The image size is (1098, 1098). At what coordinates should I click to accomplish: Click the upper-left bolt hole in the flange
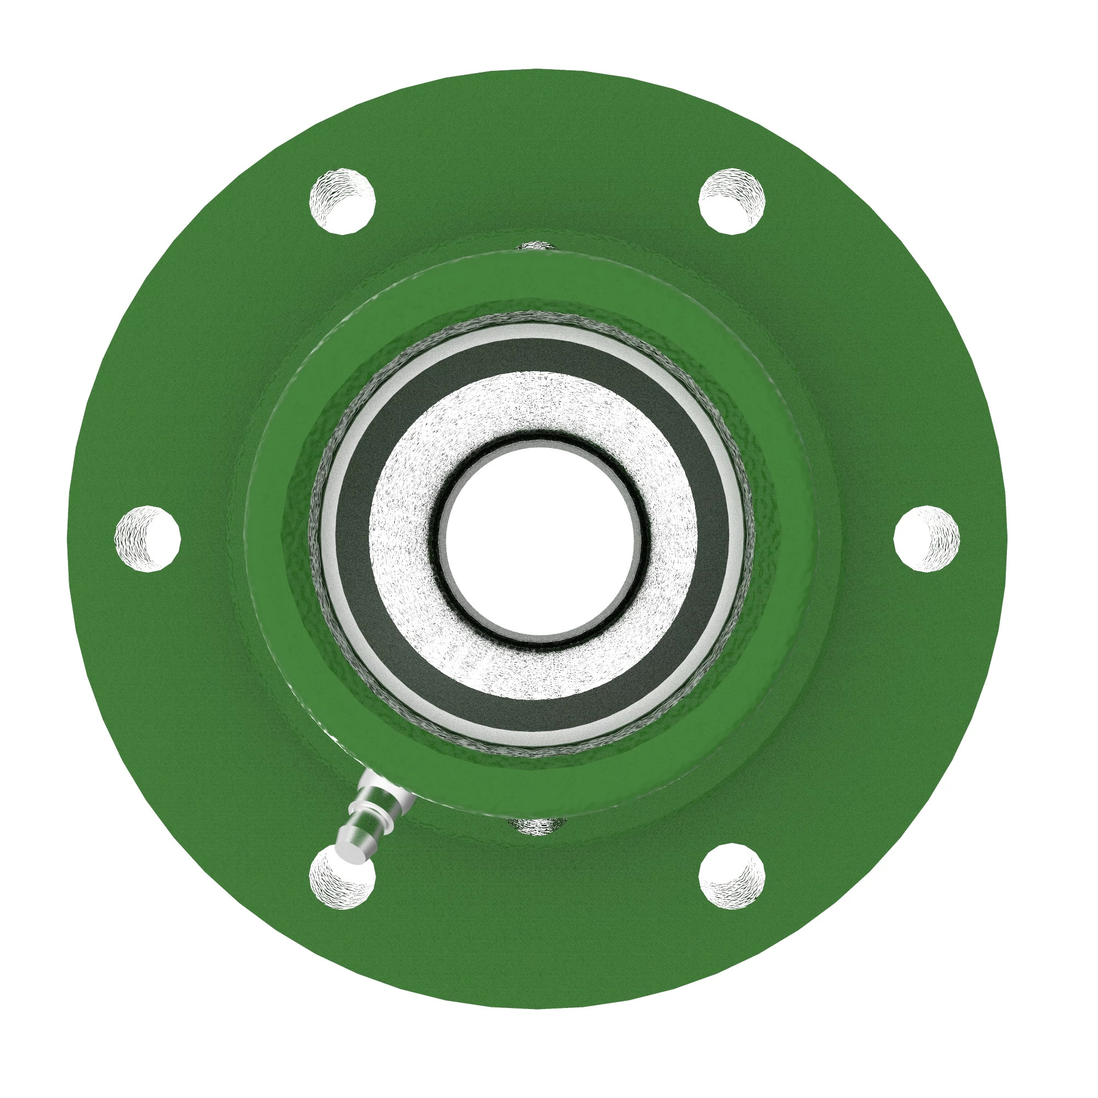[x=342, y=200]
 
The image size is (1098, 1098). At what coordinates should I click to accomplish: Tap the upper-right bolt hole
[x=731, y=200]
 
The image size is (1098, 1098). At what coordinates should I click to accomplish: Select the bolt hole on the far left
[x=148, y=537]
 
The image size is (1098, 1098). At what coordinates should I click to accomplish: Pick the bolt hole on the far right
[x=926, y=537]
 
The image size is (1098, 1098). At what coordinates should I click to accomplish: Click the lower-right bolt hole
[x=731, y=875]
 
